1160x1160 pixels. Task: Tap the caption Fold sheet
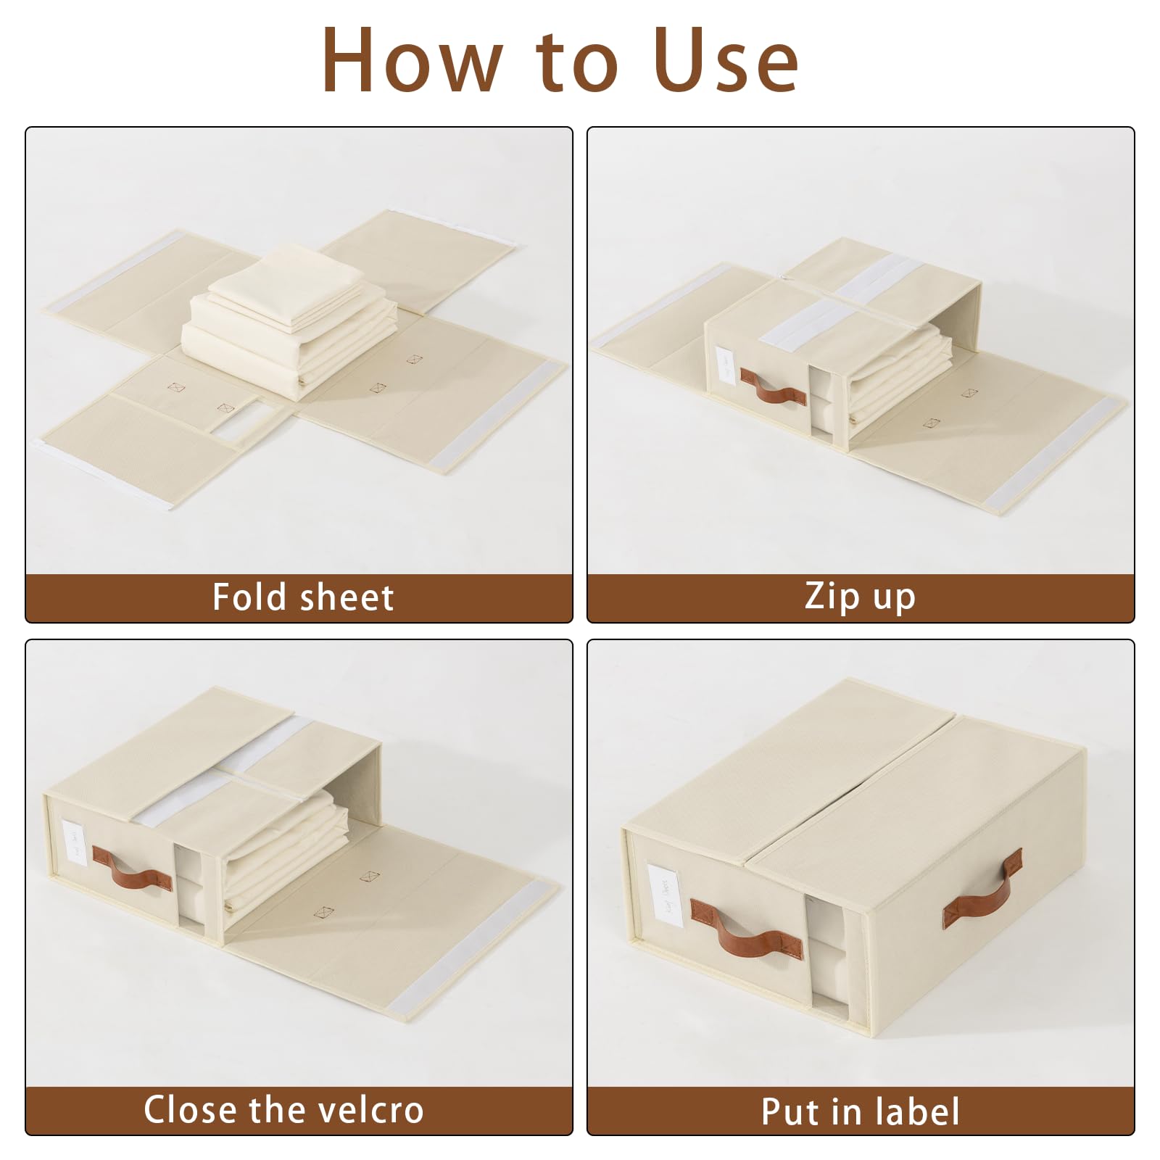[302, 598]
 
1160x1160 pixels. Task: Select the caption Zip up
[860, 597]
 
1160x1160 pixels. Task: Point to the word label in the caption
[917, 1111]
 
